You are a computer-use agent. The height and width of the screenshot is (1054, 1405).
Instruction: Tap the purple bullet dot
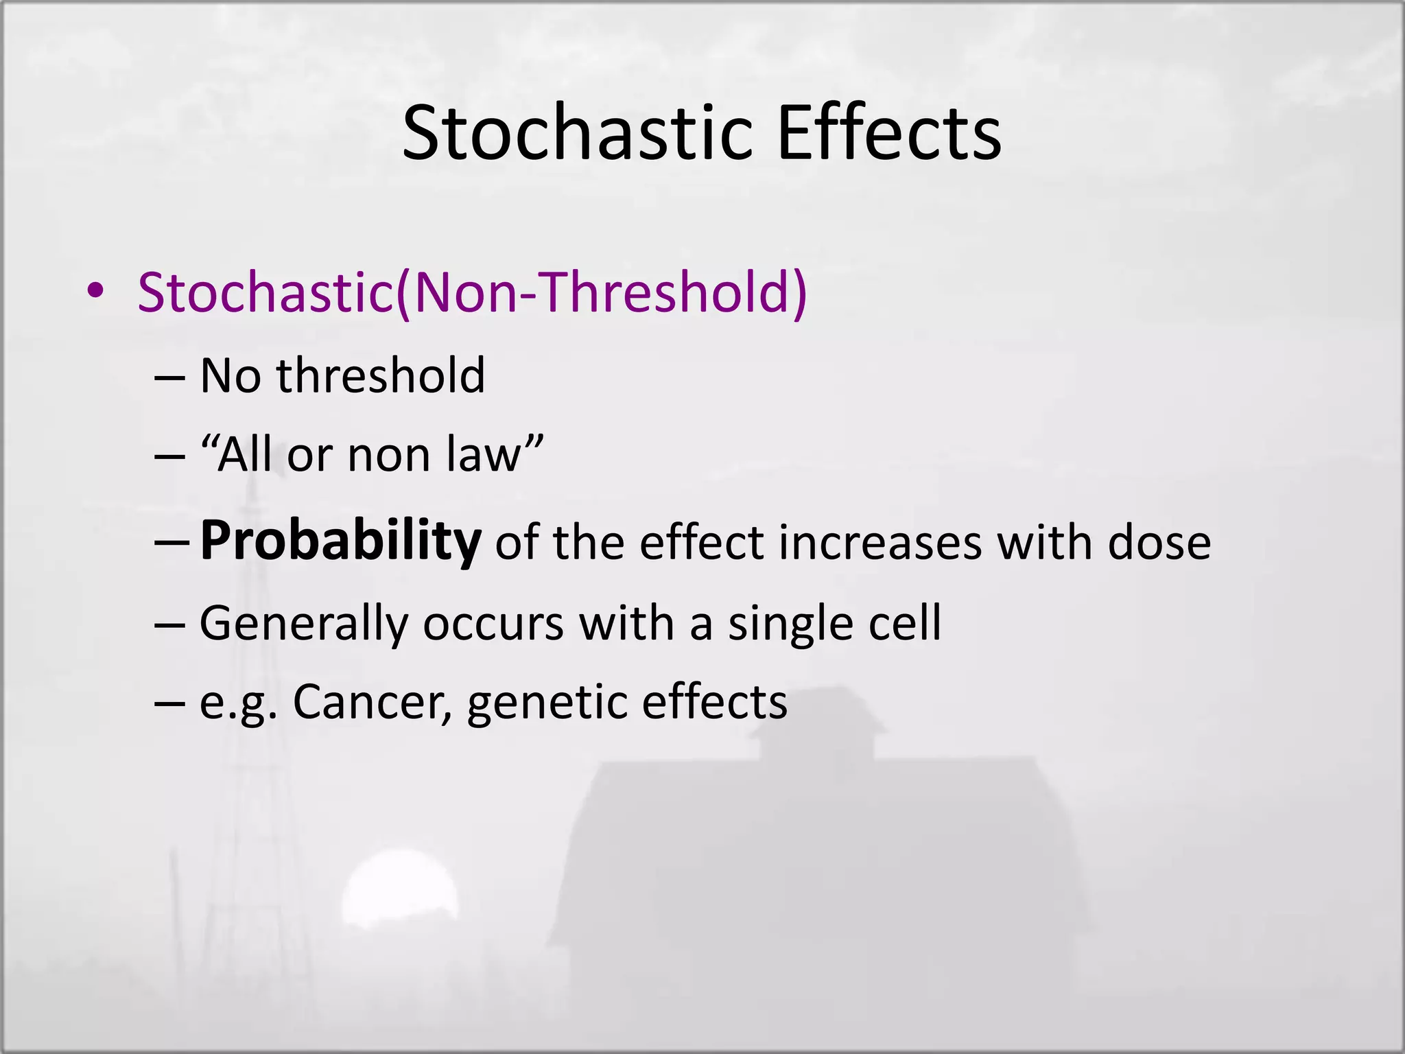click(x=95, y=292)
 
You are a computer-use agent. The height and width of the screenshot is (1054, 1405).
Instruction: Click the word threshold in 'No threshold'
click(x=381, y=376)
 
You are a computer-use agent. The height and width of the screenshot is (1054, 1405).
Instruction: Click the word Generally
click(x=304, y=624)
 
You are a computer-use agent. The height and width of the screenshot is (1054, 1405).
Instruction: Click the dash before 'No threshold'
click(x=169, y=378)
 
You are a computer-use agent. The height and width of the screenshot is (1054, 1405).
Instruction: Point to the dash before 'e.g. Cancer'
click(x=169, y=704)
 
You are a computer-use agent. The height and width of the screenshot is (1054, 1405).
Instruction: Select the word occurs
click(x=493, y=624)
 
